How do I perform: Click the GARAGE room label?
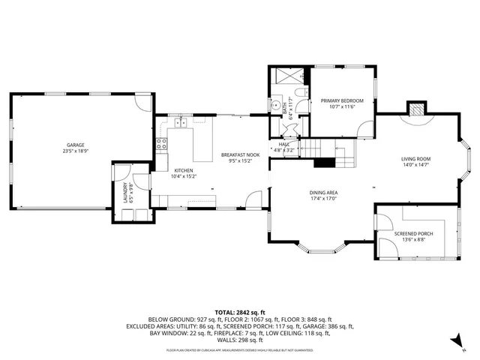tap(75, 145)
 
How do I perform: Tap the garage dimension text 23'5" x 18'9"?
tap(75, 151)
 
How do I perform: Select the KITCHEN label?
tap(184, 171)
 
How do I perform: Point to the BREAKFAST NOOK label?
tap(237, 154)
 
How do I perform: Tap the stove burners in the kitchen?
tap(160, 144)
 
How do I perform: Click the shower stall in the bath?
tap(287, 75)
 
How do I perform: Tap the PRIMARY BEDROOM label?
tap(342, 100)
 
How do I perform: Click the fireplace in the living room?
tap(416, 109)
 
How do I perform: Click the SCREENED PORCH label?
tap(414, 233)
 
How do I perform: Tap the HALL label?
tap(284, 145)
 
